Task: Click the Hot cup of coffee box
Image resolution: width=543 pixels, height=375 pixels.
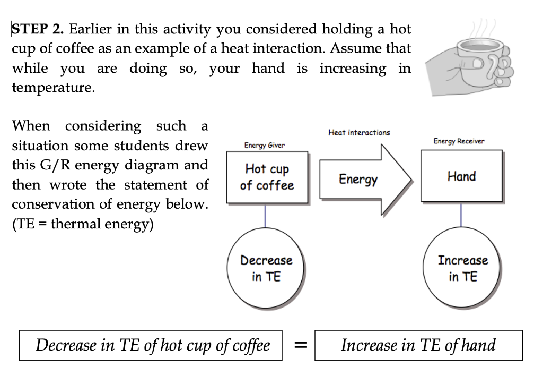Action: pyautogui.click(x=267, y=177)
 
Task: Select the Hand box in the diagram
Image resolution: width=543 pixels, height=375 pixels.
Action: pyautogui.click(x=461, y=176)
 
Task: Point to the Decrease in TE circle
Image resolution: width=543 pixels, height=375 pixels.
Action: pyautogui.click(x=266, y=269)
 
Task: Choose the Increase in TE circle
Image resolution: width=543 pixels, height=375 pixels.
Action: pyautogui.click(x=462, y=269)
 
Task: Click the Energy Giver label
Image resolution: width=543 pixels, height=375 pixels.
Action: pyautogui.click(x=264, y=145)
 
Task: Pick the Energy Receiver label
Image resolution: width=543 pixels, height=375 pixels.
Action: pyautogui.click(x=459, y=141)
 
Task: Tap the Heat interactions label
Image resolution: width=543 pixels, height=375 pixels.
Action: pyautogui.click(x=359, y=132)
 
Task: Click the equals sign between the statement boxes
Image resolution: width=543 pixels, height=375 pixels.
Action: pyautogui.click(x=300, y=346)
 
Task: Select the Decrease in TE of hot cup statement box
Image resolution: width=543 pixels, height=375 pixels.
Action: pyautogui.click(x=152, y=346)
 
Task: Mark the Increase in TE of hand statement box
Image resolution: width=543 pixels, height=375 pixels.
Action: pyautogui.click(x=418, y=346)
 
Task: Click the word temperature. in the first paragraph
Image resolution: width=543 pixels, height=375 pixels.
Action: pyautogui.click(x=54, y=88)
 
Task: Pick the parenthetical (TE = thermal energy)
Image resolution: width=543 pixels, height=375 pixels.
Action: pyautogui.click(x=83, y=224)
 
